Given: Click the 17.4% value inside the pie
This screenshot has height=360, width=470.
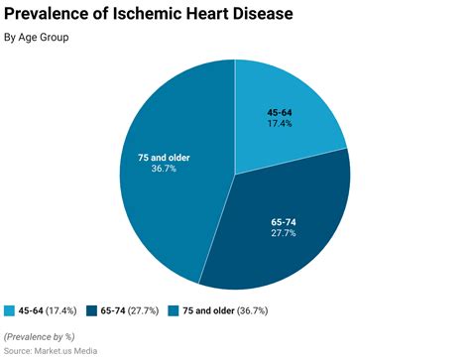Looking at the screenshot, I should tap(280, 125).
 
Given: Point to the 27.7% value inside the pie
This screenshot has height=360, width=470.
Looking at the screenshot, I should tap(283, 233).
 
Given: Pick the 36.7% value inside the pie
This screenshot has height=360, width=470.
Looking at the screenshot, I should tap(165, 170).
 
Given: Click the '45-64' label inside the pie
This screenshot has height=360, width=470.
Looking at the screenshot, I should tap(280, 112).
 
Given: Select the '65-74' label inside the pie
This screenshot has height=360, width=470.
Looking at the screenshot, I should tap(283, 220).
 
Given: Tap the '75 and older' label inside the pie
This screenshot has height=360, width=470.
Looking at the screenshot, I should tap(165, 157).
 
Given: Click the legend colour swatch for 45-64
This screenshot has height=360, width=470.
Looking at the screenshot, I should tap(10, 310).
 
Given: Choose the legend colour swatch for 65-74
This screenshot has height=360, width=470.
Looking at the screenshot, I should tap(91, 310).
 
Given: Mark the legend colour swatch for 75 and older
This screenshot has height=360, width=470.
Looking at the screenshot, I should tap(174, 310).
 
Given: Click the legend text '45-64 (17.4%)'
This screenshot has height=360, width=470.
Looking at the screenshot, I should tap(48, 310).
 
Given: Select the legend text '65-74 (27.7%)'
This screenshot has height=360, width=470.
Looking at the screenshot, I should tap(129, 310).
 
